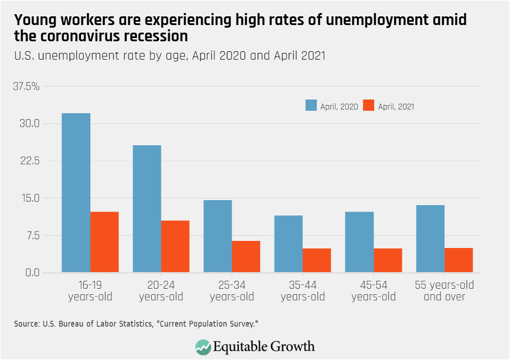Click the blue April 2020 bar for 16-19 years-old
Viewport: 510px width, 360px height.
pyautogui.click(x=76, y=193)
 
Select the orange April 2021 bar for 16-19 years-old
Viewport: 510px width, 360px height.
pyautogui.click(x=104, y=242)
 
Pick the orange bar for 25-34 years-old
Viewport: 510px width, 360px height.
pyautogui.click(x=246, y=256)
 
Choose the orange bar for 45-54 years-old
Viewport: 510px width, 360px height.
pyautogui.click(x=388, y=260)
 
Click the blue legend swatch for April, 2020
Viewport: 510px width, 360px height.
pyautogui.click(x=311, y=106)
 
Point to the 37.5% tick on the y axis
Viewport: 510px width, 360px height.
pyautogui.click(x=26, y=86)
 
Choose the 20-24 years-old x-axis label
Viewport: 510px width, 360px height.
pyautogui.click(x=161, y=291)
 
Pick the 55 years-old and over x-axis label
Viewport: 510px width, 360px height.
pyautogui.click(x=444, y=291)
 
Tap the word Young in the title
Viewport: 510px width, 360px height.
pyautogui.click(x=35, y=21)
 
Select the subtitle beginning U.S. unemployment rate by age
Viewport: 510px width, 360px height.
pyautogui.click(x=170, y=55)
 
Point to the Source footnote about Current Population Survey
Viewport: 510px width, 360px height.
pyautogui.click(x=135, y=324)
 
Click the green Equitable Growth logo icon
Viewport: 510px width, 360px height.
pyautogui.click(x=203, y=346)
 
